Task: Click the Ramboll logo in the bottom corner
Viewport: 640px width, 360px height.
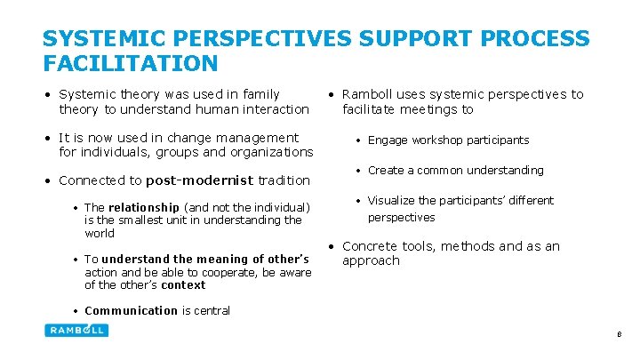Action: click(x=76, y=330)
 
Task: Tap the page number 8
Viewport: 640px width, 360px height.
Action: click(x=619, y=335)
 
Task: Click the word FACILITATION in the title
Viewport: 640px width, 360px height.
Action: click(x=130, y=63)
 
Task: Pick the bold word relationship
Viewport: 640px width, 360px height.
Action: click(x=144, y=207)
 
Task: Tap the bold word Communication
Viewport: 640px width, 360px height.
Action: click(x=131, y=310)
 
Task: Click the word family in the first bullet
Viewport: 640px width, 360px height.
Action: click(x=260, y=94)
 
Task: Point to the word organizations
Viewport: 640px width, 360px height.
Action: click(x=271, y=152)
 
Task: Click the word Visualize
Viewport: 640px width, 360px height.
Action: click(x=393, y=201)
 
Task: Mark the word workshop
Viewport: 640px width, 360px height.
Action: click(x=439, y=140)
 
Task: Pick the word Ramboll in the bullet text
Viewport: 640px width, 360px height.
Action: click(x=368, y=94)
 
